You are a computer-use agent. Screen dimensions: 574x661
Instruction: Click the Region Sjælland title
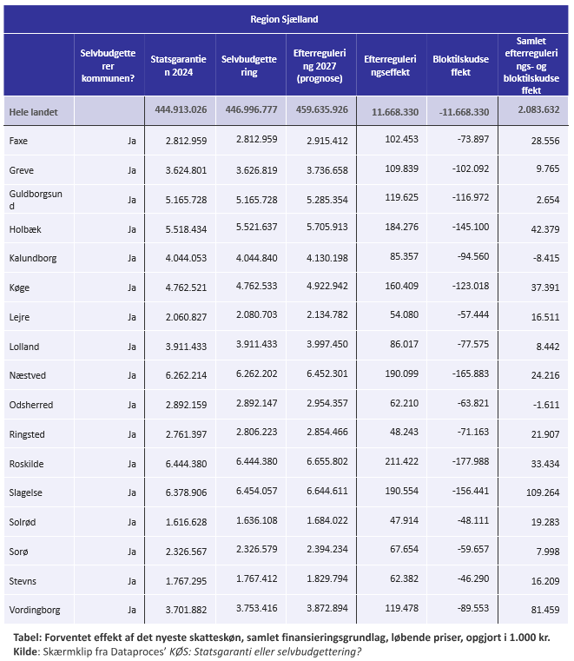[x=284, y=19]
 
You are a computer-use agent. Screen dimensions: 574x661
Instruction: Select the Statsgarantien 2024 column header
[x=179, y=66]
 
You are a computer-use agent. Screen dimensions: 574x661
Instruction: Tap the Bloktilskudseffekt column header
[x=460, y=66]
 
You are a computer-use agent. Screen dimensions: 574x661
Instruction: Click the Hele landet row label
[x=33, y=112]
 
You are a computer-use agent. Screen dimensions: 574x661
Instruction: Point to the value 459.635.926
[x=322, y=109]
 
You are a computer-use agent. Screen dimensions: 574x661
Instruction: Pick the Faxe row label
[x=18, y=141]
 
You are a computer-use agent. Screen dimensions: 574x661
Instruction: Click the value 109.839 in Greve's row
[x=402, y=169]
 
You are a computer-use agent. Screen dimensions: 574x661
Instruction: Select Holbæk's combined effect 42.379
[x=545, y=229]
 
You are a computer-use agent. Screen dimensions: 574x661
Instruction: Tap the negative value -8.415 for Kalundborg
[x=546, y=258]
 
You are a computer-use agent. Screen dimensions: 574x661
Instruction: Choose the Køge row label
[x=19, y=288]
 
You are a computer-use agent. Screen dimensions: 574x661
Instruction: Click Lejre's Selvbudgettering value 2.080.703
[x=257, y=314]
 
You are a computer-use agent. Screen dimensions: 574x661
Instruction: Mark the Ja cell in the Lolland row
[x=132, y=347]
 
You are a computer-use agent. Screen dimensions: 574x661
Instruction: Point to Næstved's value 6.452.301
[x=327, y=373]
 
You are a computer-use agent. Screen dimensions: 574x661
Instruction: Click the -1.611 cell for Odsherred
[x=546, y=405]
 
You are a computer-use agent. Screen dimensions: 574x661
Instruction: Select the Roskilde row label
[x=27, y=464]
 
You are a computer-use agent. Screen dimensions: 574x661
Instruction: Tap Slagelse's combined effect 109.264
[x=543, y=492]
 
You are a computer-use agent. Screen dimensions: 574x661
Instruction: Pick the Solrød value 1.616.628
[x=187, y=522]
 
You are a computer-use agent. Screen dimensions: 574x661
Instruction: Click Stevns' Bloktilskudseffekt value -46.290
[x=473, y=578]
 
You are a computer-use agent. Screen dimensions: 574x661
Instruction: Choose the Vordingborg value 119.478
[x=402, y=608]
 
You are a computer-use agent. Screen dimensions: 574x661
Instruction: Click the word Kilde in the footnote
[x=26, y=651]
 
